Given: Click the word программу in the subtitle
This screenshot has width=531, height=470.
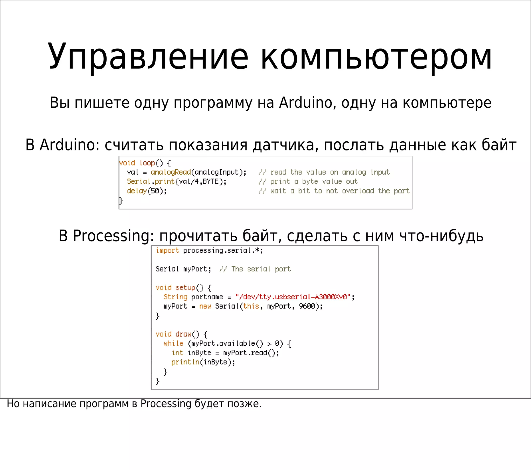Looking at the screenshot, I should pyautogui.click(x=213, y=103).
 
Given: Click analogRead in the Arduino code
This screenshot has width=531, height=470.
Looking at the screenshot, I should pyautogui.click(x=171, y=172).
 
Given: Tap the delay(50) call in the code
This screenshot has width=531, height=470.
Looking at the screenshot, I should pyautogui.click(x=147, y=191).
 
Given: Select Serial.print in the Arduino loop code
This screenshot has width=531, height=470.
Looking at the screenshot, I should pyautogui.click(x=151, y=182).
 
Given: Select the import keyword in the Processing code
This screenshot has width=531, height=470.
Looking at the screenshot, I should pyautogui.click(x=167, y=250).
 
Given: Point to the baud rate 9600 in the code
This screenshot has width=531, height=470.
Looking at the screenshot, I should pyautogui.click(x=307, y=306).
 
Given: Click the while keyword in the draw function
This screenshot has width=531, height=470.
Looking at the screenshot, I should pyautogui.click(x=173, y=343).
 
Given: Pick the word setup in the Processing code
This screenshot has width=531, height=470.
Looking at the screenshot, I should pyautogui.click(x=185, y=287).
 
